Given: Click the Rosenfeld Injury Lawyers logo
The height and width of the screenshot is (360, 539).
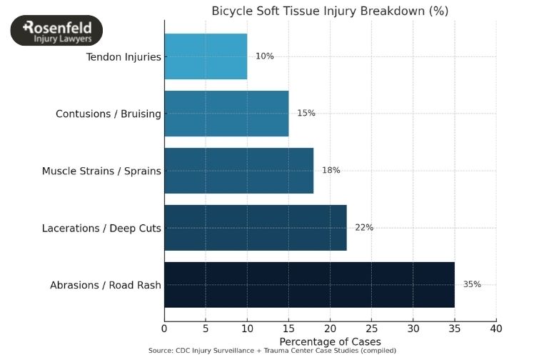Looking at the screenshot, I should (56, 31).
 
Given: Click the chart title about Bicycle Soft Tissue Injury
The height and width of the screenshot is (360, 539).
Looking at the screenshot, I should (330, 11).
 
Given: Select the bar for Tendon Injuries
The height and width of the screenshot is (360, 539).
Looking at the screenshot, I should (206, 56).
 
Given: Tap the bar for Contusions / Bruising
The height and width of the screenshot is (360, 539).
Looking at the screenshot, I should (226, 114).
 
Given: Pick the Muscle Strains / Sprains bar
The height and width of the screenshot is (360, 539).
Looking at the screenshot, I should (238, 171).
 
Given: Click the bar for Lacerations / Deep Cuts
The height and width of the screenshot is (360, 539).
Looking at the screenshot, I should (255, 228).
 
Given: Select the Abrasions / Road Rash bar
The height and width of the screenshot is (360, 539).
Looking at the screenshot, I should (309, 285).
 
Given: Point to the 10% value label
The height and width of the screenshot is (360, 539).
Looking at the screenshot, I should (265, 56).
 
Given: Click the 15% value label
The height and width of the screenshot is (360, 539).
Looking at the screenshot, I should (306, 114).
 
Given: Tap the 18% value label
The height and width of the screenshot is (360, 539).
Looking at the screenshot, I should (331, 171).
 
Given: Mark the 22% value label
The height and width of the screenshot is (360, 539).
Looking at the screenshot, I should (364, 228).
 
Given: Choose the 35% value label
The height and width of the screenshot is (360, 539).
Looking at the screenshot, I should (472, 284).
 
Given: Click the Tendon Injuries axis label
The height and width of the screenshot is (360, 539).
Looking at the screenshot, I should (124, 56).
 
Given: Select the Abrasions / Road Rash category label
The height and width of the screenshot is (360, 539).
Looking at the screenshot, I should (106, 286).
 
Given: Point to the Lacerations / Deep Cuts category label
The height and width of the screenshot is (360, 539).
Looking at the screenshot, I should (101, 229).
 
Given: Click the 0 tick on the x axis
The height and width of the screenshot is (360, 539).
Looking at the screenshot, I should (164, 329).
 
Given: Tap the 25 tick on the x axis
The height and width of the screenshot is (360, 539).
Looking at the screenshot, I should (371, 329).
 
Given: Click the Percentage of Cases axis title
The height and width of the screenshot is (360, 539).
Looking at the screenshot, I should (330, 341).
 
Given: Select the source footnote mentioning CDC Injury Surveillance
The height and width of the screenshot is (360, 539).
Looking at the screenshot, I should (272, 351).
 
